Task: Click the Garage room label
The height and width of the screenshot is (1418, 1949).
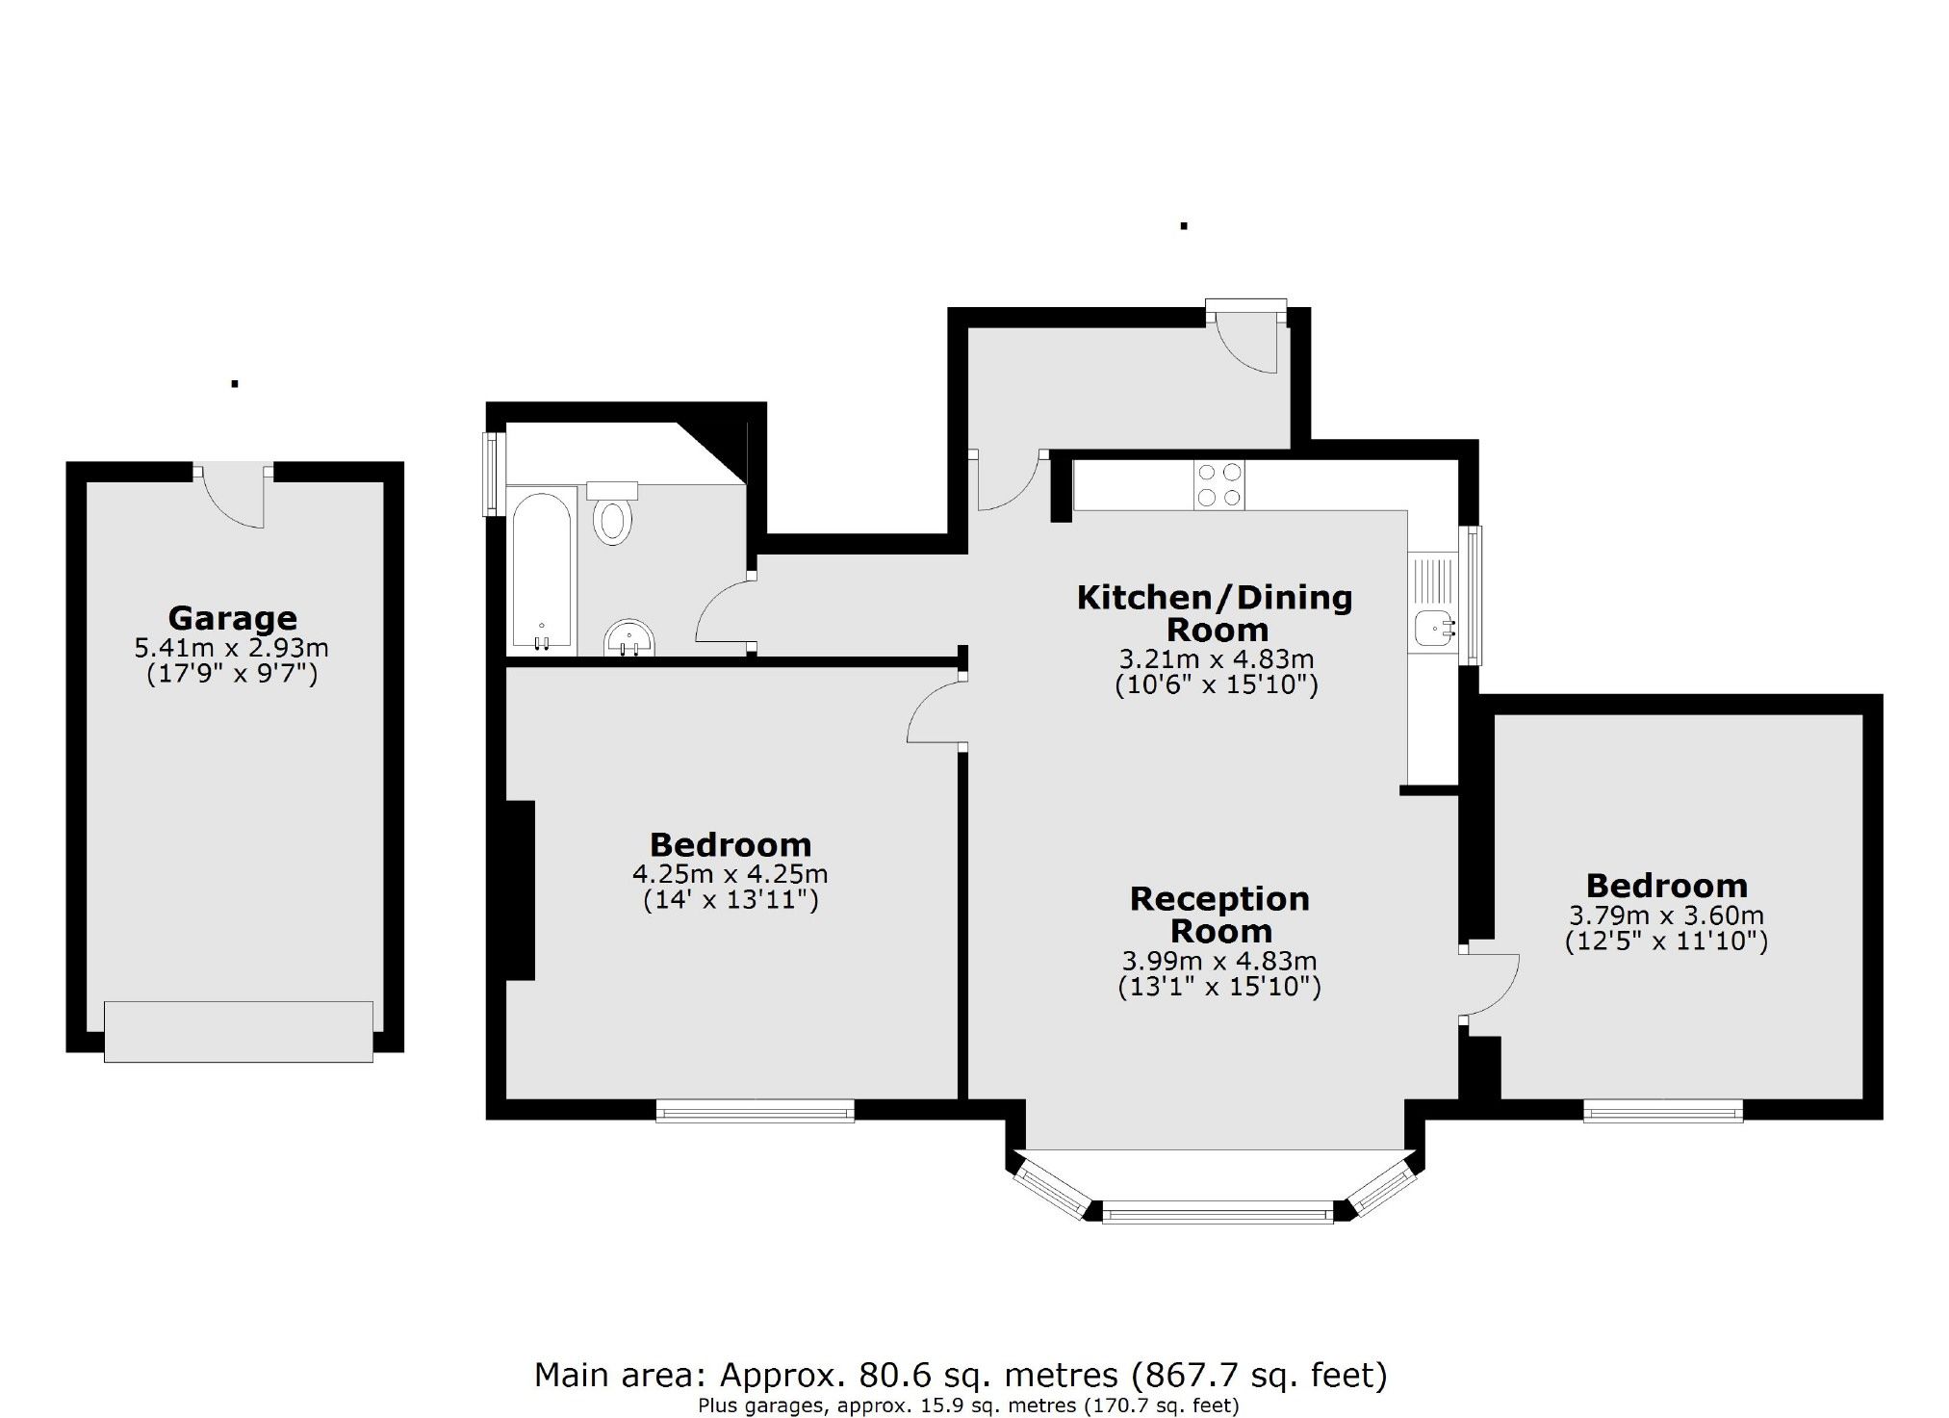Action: click(x=232, y=617)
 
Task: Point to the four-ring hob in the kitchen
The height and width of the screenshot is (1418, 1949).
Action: click(x=1218, y=484)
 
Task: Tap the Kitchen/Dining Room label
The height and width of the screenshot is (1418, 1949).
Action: click(x=1215, y=613)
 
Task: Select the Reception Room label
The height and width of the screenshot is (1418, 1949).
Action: click(x=1219, y=915)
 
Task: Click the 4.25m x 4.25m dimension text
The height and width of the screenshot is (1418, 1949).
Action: click(x=730, y=874)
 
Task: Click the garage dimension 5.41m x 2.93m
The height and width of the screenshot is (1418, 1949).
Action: click(x=232, y=648)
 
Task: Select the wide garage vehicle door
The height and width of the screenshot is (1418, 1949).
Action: click(x=238, y=1031)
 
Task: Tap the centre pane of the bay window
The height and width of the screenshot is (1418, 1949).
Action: click(x=1218, y=1212)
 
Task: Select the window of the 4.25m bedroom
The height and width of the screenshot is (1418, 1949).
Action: click(x=756, y=1111)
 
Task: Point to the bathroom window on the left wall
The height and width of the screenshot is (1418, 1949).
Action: click(x=493, y=474)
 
